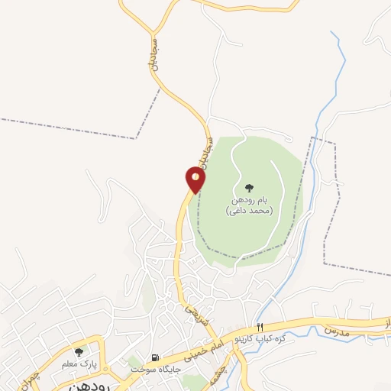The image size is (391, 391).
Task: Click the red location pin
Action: pyautogui.click(x=195, y=179)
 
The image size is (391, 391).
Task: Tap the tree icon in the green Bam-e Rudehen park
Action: pyautogui.click(x=249, y=188)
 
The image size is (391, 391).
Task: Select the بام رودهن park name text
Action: pyautogui.click(x=249, y=200)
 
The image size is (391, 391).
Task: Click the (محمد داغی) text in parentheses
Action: pyautogui.click(x=250, y=211)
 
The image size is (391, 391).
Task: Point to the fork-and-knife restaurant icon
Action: pyautogui.click(x=260, y=327)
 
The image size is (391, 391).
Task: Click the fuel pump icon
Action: pyautogui.click(x=156, y=357)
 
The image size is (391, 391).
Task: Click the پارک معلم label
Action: pyautogui.click(x=79, y=364)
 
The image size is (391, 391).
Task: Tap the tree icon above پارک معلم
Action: pyautogui.click(x=79, y=352)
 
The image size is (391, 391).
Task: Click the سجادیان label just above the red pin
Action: pyautogui.click(x=203, y=151)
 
